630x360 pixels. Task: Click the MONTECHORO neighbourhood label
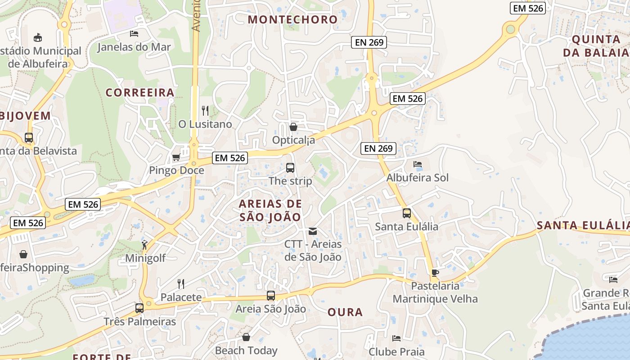pyautogui.click(x=292, y=19)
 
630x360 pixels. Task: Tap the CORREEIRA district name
pyautogui.click(x=140, y=93)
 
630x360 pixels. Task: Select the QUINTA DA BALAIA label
pyautogui.click(x=596, y=45)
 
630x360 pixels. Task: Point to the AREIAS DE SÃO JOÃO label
pyautogui.click(x=270, y=210)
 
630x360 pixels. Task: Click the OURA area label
pyautogui.click(x=345, y=312)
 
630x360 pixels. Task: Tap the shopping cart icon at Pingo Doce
pyautogui.click(x=176, y=157)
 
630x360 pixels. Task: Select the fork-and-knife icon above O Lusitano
pyautogui.click(x=205, y=110)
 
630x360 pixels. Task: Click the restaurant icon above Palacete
pyautogui.click(x=181, y=283)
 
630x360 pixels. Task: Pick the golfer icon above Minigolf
pyautogui.click(x=144, y=245)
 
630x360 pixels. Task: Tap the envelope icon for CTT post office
pyautogui.click(x=312, y=231)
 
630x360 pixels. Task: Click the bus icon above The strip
pyautogui.click(x=290, y=168)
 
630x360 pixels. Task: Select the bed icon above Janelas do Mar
pyautogui.click(x=134, y=33)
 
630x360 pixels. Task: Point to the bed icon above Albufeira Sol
pyautogui.click(x=418, y=164)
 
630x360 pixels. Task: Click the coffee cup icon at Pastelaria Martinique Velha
pyautogui.click(x=435, y=272)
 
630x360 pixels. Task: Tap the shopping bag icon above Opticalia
pyautogui.click(x=293, y=127)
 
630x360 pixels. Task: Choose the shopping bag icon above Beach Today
pyautogui.click(x=246, y=337)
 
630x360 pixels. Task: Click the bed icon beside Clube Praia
pyautogui.click(x=396, y=338)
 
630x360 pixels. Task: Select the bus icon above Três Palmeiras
pyautogui.click(x=139, y=308)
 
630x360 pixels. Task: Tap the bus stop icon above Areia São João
pyautogui.click(x=271, y=296)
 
